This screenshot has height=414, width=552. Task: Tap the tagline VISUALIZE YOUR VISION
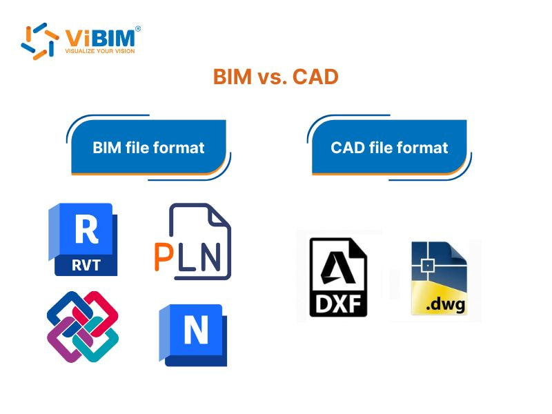(x=99, y=51)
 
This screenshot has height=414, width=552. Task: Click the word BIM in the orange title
(x=233, y=77)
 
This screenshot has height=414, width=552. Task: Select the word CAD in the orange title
(x=315, y=77)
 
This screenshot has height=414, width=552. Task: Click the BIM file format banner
(x=148, y=147)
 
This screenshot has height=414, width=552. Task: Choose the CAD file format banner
(x=389, y=147)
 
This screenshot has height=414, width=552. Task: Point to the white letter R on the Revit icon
(x=86, y=229)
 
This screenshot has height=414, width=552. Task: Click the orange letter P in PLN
(x=164, y=257)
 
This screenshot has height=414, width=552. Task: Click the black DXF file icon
(x=338, y=277)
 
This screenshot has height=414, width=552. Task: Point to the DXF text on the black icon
(x=338, y=302)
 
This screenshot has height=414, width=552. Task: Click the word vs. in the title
(x=270, y=77)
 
